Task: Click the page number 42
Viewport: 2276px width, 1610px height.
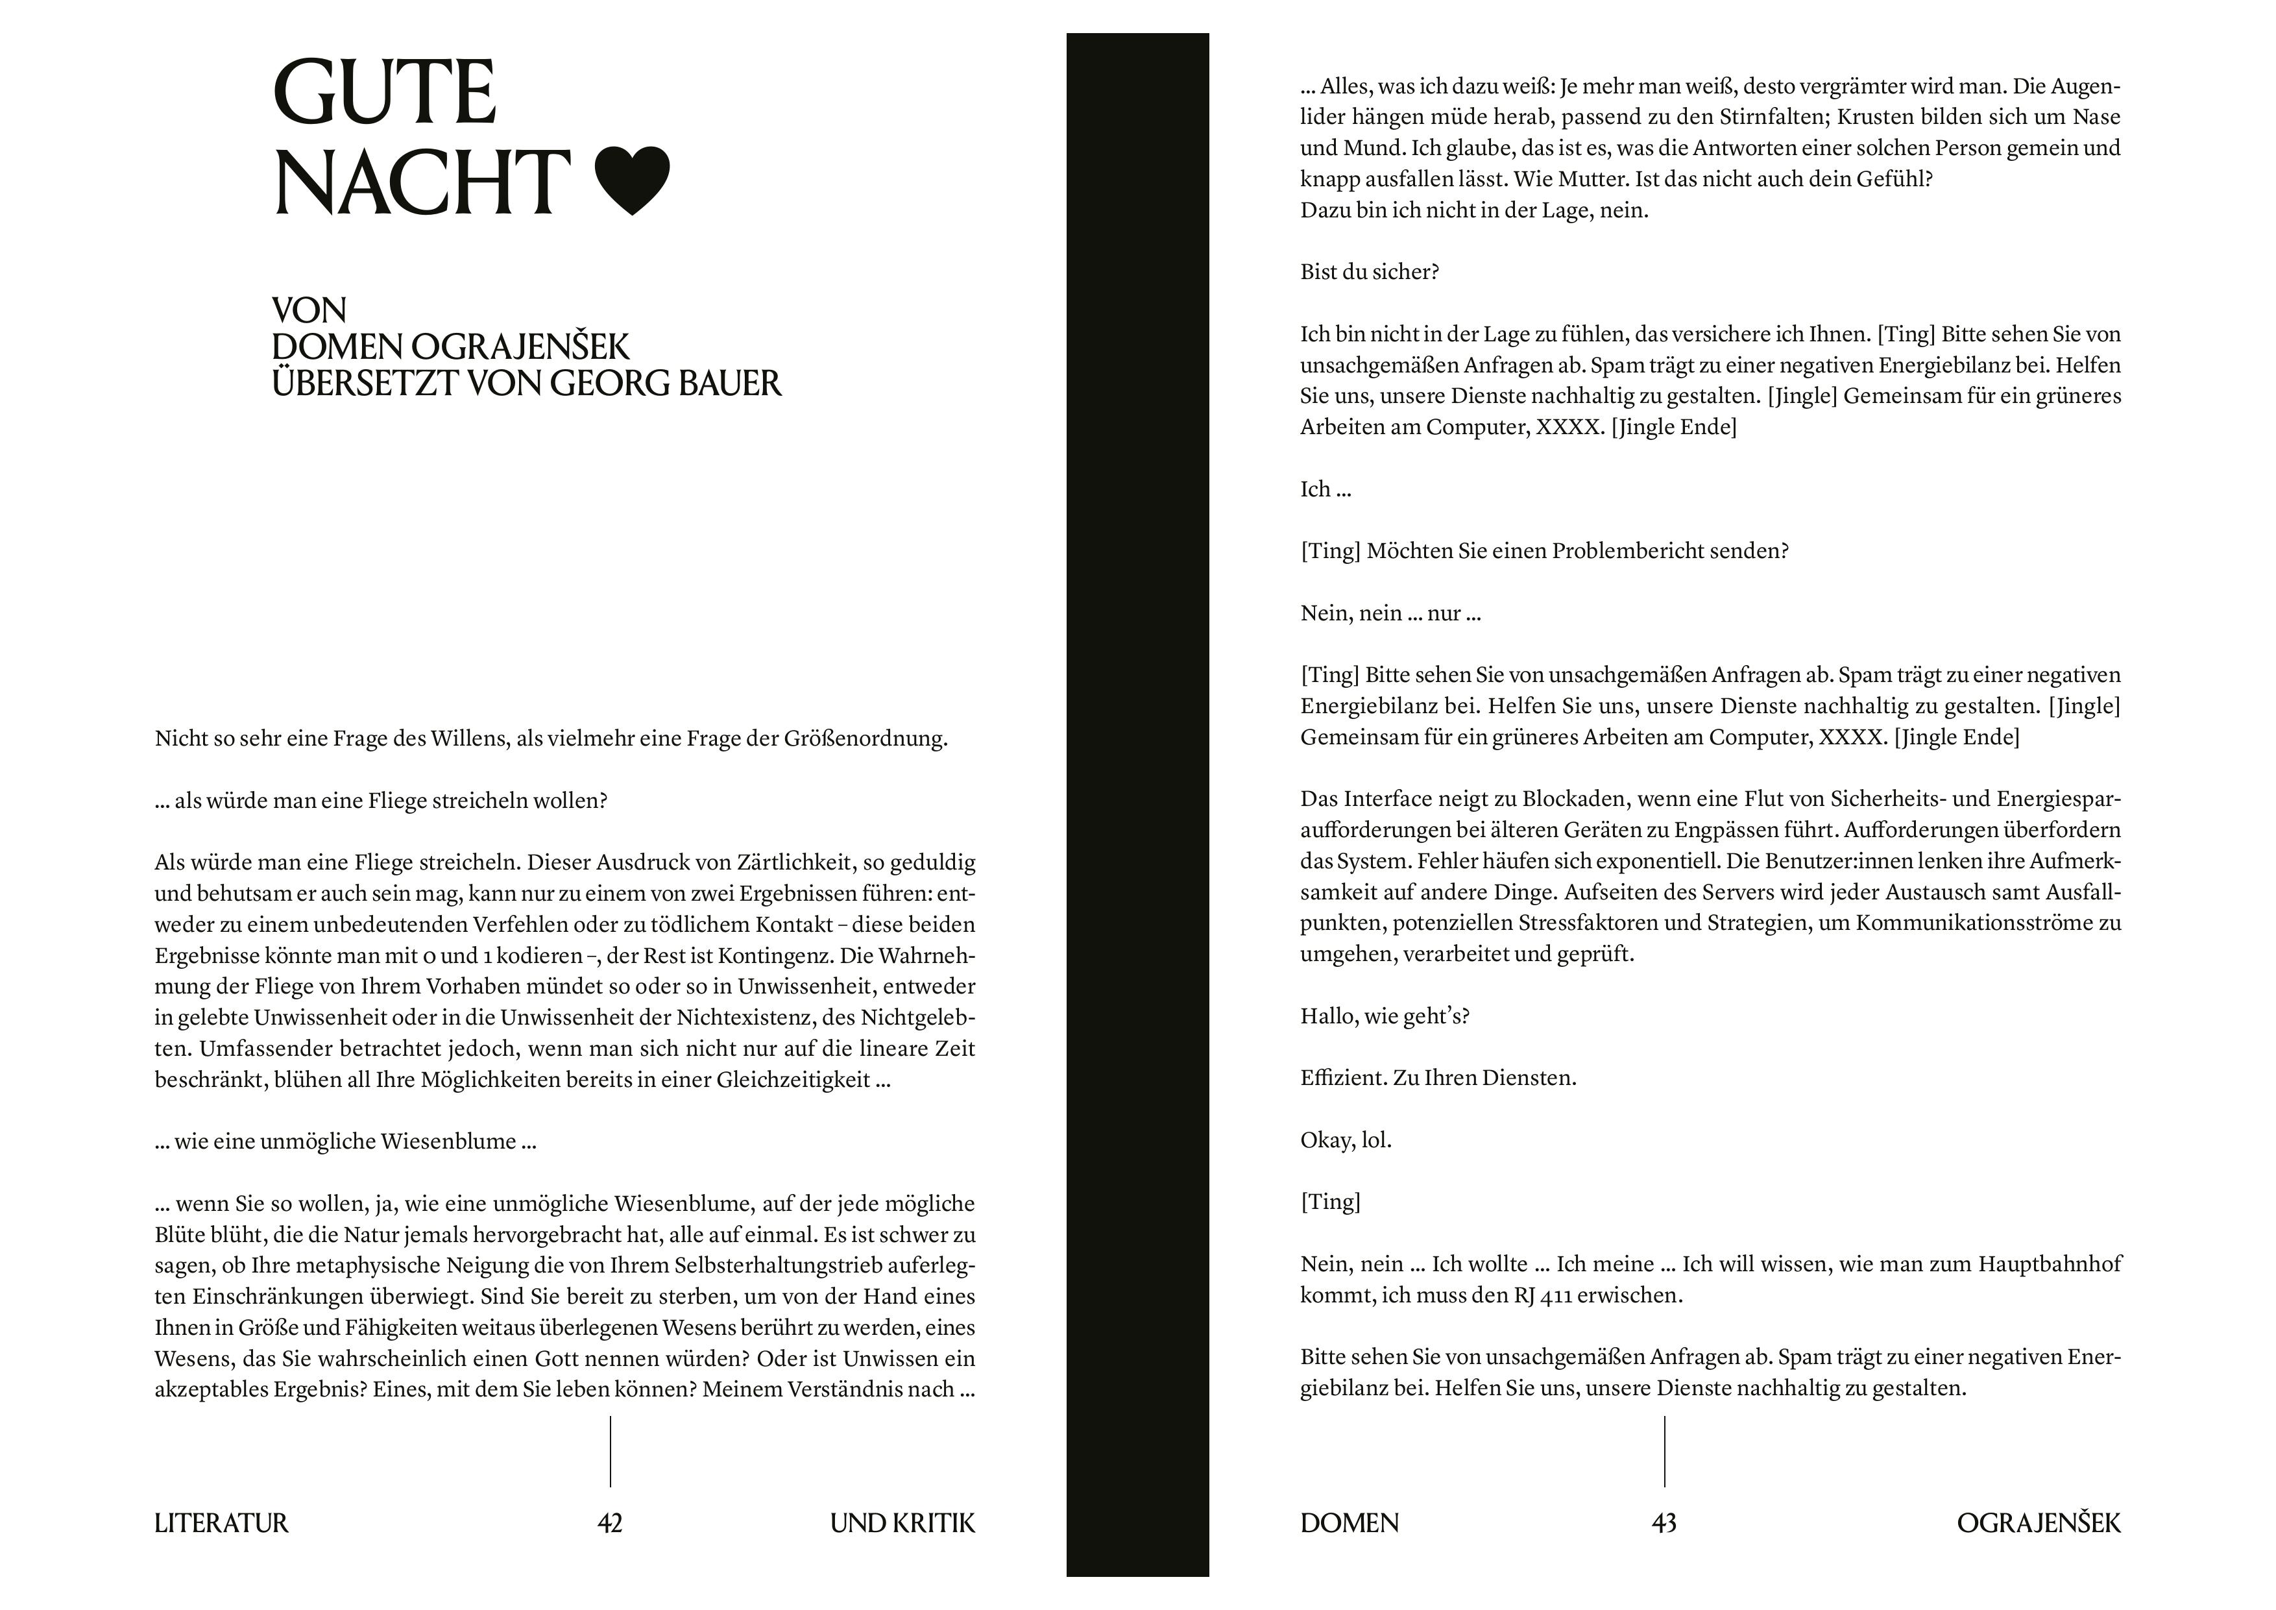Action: [x=610, y=1523]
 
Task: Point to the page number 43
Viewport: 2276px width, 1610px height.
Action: [x=1664, y=1523]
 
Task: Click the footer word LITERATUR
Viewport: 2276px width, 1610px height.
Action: [x=221, y=1523]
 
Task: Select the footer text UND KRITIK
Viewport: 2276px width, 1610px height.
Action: [x=902, y=1523]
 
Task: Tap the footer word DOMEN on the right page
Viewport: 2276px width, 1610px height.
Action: [x=1349, y=1523]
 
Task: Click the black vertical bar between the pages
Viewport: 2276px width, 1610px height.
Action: [x=1137, y=793]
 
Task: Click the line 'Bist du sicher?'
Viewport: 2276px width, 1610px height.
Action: [x=1369, y=272]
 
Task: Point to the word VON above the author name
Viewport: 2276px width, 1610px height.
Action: [x=309, y=310]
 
